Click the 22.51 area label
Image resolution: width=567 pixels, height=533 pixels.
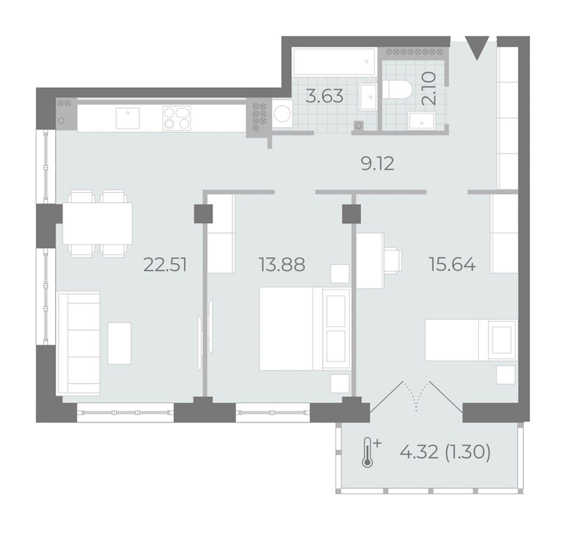(x=165, y=265)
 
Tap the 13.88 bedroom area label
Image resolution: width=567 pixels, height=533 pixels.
(x=282, y=265)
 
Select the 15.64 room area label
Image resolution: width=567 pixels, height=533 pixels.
(x=452, y=264)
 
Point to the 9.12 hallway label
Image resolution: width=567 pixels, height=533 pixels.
(x=377, y=164)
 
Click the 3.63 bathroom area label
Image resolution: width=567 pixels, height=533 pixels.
(x=324, y=96)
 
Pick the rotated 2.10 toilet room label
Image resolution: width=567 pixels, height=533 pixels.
(x=429, y=89)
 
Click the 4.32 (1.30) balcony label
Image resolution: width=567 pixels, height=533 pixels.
(x=445, y=452)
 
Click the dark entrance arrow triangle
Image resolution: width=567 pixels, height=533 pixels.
(x=477, y=47)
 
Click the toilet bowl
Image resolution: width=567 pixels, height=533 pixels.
(x=397, y=89)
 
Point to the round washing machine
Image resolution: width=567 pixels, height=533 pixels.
(x=282, y=114)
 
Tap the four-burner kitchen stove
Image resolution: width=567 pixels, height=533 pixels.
(x=177, y=118)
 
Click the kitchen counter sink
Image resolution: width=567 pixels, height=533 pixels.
(x=128, y=118)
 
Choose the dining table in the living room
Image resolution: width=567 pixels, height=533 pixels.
(x=97, y=224)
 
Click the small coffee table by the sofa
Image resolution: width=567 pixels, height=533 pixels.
(x=119, y=343)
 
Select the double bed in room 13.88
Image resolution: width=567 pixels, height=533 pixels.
(x=305, y=329)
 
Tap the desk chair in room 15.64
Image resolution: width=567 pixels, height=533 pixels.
(x=393, y=260)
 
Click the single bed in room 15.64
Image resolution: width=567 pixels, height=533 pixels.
(x=471, y=340)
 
